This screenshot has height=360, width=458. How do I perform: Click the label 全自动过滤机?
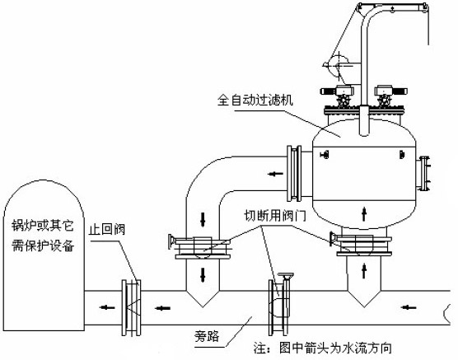click(255, 101)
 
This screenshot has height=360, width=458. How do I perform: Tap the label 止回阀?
click(107, 229)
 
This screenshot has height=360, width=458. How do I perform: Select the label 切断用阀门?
click(275, 216)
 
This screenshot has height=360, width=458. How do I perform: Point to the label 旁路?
click(207, 337)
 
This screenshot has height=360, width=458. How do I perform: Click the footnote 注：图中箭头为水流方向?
click(322, 348)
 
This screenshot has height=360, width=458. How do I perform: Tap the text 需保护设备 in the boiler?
click(43, 245)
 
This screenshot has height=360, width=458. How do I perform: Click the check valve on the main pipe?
click(132, 308)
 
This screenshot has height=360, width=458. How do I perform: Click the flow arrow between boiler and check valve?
click(106, 307)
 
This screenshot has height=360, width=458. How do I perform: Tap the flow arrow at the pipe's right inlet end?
click(409, 307)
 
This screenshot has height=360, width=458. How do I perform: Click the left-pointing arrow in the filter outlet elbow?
click(275, 174)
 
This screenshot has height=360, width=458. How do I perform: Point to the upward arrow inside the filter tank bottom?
click(364, 213)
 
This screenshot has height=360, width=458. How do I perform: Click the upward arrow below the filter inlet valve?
click(364, 271)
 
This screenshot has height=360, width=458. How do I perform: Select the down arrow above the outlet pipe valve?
click(203, 219)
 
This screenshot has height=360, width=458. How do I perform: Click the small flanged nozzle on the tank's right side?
click(424, 174)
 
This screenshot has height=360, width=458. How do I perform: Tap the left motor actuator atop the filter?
click(337, 91)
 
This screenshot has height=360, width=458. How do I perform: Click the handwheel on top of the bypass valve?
click(286, 275)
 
